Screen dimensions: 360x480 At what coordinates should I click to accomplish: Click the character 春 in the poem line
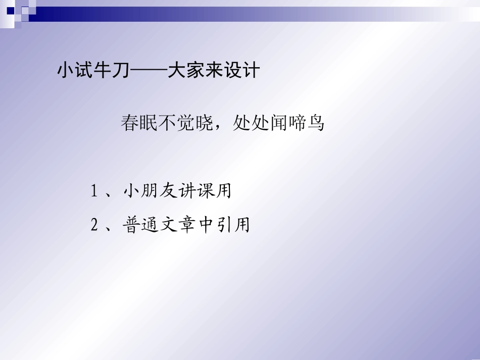(130, 123)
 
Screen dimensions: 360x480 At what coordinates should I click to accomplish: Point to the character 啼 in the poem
(297, 123)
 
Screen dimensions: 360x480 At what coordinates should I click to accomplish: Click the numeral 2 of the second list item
(94, 225)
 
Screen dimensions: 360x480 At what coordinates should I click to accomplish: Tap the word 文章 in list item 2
(177, 225)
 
